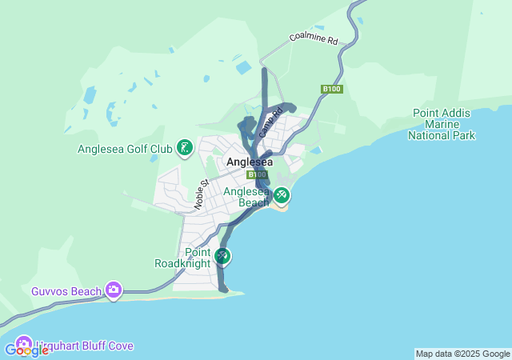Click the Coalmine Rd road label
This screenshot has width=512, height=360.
click(x=314, y=39)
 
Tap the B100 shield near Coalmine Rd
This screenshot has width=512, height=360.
click(x=332, y=89)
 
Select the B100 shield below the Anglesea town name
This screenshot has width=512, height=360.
click(x=257, y=174)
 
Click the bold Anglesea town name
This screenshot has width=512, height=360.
click(x=250, y=162)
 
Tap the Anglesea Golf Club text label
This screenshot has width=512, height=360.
click(x=125, y=149)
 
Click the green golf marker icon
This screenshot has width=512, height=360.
click(x=185, y=147)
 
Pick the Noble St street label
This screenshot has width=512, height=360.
click(x=201, y=194)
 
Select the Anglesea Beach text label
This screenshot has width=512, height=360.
click(x=246, y=197)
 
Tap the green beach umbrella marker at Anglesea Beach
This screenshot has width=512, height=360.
click(x=281, y=194)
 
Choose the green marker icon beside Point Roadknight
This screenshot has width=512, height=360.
click(x=222, y=256)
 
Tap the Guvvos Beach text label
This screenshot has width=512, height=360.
click(x=66, y=290)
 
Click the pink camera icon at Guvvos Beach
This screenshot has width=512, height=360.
click(x=114, y=290)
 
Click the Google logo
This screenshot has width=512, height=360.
click(x=26, y=350)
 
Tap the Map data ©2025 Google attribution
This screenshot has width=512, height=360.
click(x=462, y=354)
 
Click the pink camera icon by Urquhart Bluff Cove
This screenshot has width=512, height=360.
click(x=23, y=344)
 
